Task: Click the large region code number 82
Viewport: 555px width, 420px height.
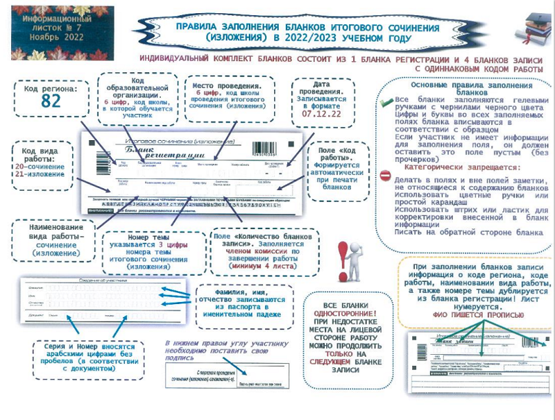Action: point(51,101)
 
